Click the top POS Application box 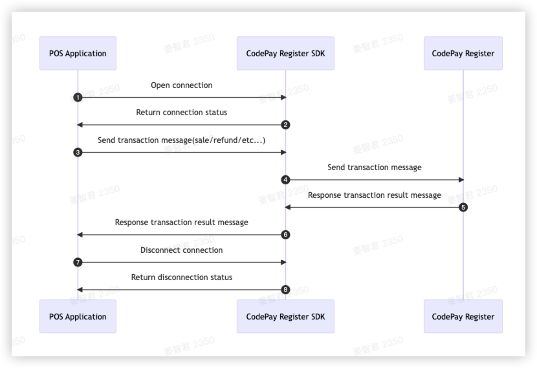(78, 53)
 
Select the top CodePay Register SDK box (285, 53)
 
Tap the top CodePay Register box (463, 53)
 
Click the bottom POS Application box (78, 316)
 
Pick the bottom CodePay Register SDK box (285, 316)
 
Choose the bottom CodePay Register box (463, 316)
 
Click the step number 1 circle (78, 98)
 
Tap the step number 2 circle (285, 125)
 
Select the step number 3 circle (78, 153)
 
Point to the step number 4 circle (285, 180)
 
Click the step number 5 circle (463, 208)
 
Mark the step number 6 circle (285, 235)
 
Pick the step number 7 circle (78, 263)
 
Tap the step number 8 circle (285, 290)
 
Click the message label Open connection (181, 85)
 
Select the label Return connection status (181, 113)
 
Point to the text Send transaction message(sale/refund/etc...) (181, 140)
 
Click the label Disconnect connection (181, 250)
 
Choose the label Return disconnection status (181, 277)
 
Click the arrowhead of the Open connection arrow (282, 98)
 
